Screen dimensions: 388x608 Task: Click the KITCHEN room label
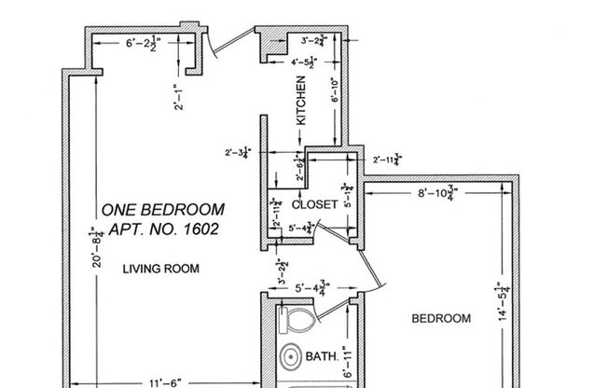click(x=301, y=102)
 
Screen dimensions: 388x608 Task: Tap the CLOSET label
click(x=314, y=204)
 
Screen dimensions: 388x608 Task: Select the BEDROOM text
click(x=441, y=318)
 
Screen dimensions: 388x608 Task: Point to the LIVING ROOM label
click(x=161, y=269)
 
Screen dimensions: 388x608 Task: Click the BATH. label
click(x=322, y=356)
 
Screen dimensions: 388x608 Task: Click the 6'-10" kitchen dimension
click(x=337, y=90)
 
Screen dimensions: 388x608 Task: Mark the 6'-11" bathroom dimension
click(x=346, y=361)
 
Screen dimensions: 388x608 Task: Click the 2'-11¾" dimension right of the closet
click(x=386, y=160)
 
